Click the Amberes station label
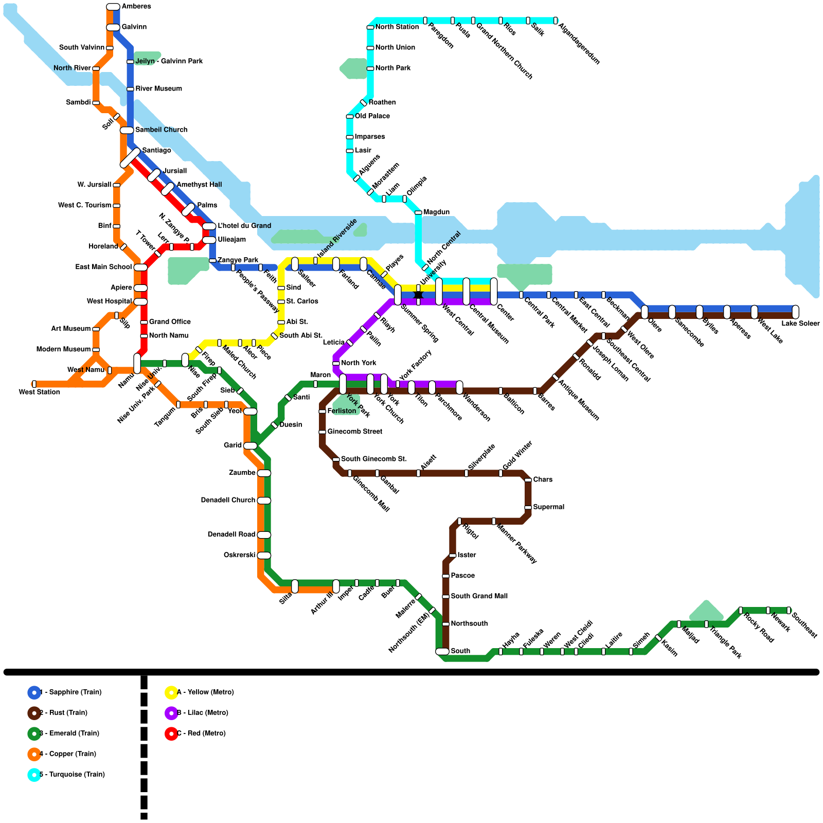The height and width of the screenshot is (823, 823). pos(136,7)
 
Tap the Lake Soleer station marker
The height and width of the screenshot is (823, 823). pos(795,312)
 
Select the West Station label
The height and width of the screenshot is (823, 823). pos(39,392)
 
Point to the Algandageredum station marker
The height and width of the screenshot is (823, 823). pos(556,21)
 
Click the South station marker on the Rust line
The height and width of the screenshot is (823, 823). pos(442,651)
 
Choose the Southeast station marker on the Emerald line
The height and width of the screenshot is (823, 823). pos(789,611)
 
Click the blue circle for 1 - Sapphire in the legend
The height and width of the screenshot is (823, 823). pos(34,692)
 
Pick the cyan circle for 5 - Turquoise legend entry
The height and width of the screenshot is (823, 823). pos(34,775)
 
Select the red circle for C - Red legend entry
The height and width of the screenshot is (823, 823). pos(171,733)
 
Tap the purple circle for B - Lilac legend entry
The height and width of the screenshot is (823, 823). pos(171,713)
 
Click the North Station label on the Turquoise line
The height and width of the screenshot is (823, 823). pos(397,27)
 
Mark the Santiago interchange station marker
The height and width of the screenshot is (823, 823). pos(130,158)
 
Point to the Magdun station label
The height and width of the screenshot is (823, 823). pos(436,212)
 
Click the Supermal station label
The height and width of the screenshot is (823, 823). pos(548,507)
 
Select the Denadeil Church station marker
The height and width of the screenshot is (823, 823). pos(264,500)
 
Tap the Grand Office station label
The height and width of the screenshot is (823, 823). pos(170,322)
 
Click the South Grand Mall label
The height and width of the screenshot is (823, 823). pos(479,596)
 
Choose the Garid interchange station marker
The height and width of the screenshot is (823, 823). pos(250,445)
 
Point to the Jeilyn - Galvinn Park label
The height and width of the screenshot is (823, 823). pos(169,62)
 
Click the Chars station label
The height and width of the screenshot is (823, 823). pos(543,480)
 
